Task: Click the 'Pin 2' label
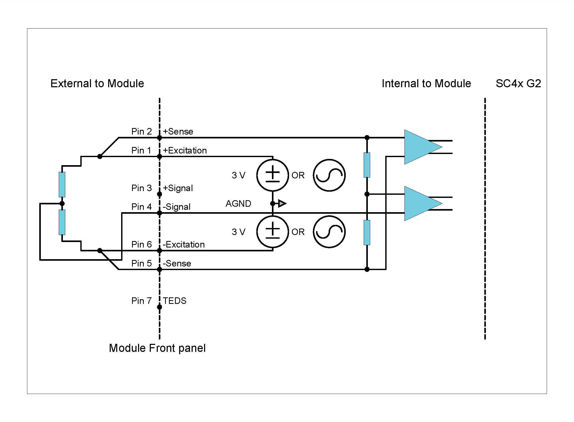click(x=141, y=131)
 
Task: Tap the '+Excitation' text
click(x=185, y=150)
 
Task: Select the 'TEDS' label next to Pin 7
click(x=174, y=301)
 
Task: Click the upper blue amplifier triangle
click(x=420, y=147)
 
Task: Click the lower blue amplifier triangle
click(x=420, y=204)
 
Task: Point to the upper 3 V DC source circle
click(x=272, y=175)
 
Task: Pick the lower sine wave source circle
click(x=329, y=232)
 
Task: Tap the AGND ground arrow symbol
click(x=282, y=204)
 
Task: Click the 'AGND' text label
click(x=238, y=204)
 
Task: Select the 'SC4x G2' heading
click(x=518, y=84)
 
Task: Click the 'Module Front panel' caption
click(x=157, y=348)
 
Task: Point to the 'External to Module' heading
click(x=97, y=84)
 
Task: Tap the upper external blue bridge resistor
click(x=62, y=184)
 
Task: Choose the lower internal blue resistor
click(x=367, y=232)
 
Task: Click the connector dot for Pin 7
click(x=160, y=307)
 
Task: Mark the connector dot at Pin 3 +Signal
click(x=160, y=194)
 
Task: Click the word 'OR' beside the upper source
click(x=298, y=175)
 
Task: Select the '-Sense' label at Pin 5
click(x=177, y=263)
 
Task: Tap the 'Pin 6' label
click(x=141, y=244)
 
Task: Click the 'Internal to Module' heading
click(x=426, y=84)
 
